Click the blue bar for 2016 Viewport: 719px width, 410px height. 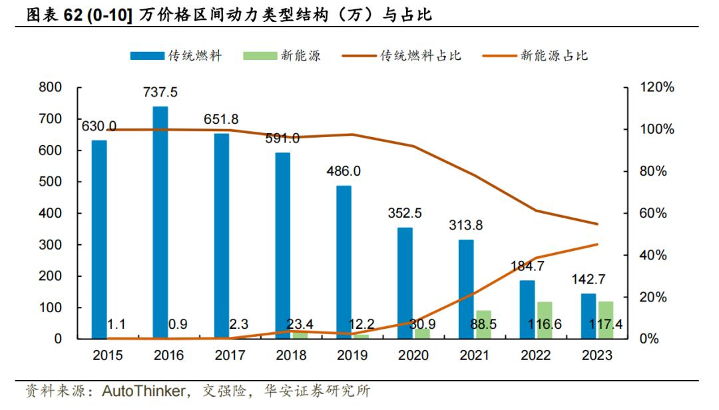160,222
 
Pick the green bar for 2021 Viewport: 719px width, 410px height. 484,324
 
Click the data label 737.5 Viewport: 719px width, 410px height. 160,92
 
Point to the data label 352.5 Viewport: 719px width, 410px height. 405,214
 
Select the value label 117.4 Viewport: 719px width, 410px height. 606,324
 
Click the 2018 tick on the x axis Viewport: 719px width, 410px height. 291,355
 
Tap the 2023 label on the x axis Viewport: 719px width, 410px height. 597,355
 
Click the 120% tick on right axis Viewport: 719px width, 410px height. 656,87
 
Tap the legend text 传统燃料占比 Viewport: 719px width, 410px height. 421,56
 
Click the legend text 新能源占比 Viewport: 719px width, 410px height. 555,56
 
